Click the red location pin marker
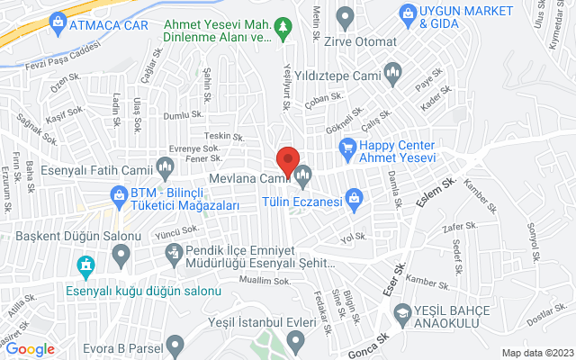click(287, 161)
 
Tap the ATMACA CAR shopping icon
click(58, 20)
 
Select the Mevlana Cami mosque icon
click(302, 172)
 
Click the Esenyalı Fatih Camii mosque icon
click(165, 166)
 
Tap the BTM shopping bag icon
click(117, 193)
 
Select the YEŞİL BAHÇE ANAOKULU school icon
click(401, 310)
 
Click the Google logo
click(31, 349)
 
